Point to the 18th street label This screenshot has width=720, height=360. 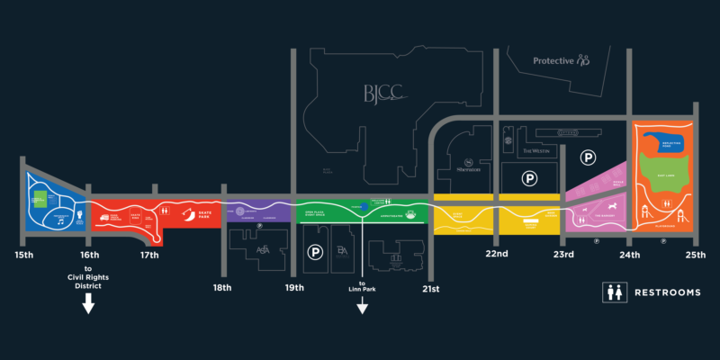pos(222,287)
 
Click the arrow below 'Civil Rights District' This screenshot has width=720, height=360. pos(88,306)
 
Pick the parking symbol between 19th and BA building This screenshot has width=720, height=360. pos(316,253)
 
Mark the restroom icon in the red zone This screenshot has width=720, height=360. pos(167,211)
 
